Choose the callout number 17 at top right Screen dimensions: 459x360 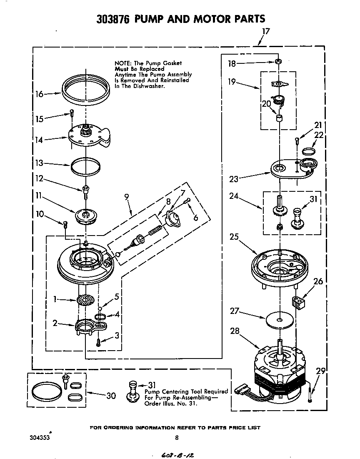266,31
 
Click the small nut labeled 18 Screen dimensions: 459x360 277,62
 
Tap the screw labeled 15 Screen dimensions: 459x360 72,112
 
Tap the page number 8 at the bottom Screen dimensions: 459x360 177,437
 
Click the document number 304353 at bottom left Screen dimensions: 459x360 40,438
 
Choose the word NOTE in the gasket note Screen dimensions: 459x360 122,63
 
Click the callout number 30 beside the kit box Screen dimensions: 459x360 111,395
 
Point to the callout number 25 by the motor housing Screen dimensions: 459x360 234,237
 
